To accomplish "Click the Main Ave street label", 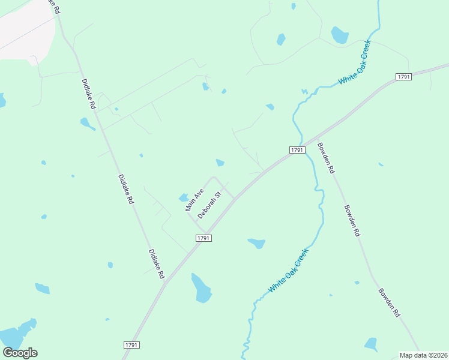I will point(194,200).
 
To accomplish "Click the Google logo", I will point(20,353).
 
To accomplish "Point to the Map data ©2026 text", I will point(424,355).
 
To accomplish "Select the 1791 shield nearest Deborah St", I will point(203,238).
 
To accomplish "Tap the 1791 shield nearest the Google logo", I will point(132,345).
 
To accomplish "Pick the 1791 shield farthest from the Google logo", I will point(403,77).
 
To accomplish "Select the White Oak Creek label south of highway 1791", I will point(288,271).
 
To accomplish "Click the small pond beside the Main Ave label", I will point(184,197).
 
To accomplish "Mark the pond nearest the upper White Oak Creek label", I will point(340,35).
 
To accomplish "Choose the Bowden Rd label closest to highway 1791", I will point(325,158).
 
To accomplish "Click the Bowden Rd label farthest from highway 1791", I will point(389,302).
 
